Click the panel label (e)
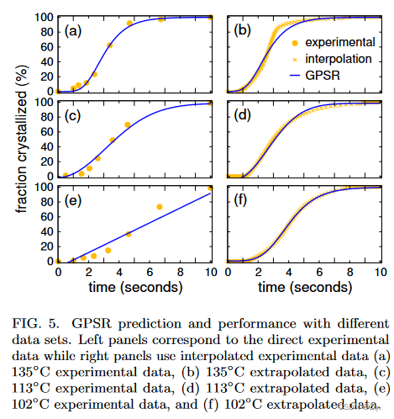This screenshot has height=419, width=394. (x=74, y=201)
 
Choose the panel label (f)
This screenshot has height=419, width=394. (x=244, y=201)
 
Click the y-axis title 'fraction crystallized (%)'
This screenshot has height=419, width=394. (x=13, y=139)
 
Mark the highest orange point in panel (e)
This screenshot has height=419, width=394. (x=212, y=188)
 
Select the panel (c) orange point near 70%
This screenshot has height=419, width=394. (x=128, y=125)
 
